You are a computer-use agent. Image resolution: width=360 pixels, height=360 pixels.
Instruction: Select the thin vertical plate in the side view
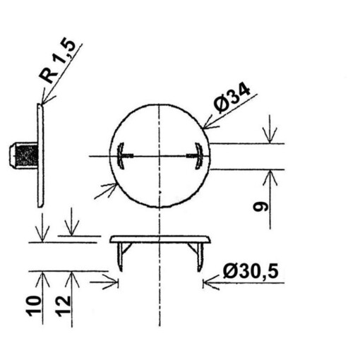(40, 155)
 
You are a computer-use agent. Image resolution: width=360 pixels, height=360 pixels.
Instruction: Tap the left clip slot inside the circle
(121, 155)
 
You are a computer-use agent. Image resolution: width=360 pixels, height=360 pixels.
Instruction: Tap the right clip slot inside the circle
(198, 155)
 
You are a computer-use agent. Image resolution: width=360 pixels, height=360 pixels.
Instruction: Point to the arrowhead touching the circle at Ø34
(207, 126)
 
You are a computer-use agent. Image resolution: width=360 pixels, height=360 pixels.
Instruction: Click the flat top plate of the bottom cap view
(161, 239)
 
